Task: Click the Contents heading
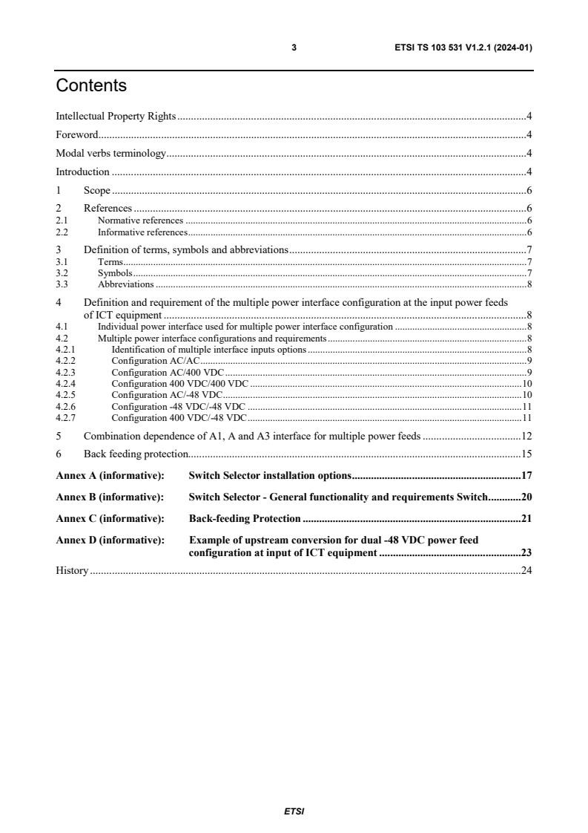(x=91, y=86)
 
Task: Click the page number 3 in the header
(x=294, y=48)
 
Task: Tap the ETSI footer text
(x=294, y=811)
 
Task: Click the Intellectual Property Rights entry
(x=116, y=116)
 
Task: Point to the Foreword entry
(x=77, y=134)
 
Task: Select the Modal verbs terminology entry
(x=110, y=154)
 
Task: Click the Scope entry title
(x=96, y=191)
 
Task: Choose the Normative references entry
(x=140, y=220)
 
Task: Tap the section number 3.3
(x=62, y=284)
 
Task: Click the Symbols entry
(x=115, y=273)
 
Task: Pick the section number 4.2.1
(x=65, y=348)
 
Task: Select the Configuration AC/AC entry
(x=145, y=359)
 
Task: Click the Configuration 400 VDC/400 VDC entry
(x=179, y=383)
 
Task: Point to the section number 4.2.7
(x=65, y=418)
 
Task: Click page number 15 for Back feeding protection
(x=526, y=454)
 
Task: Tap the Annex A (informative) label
(x=110, y=475)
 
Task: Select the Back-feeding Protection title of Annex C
(x=245, y=518)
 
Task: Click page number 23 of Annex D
(x=526, y=552)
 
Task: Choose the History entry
(x=72, y=570)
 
